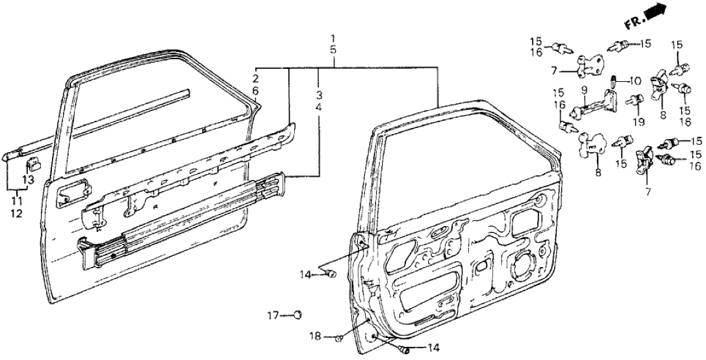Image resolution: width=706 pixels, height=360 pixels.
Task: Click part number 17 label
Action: click(274, 316)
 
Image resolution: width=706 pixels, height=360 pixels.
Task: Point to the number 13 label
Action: click(27, 180)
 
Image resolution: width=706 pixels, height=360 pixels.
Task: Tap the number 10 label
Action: click(637, 81)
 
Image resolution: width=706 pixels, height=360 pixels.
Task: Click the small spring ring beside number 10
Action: click(614, 81)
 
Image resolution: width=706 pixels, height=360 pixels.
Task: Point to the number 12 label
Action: click(16, 213)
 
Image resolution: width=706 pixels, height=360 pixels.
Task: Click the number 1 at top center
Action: click(333, 38)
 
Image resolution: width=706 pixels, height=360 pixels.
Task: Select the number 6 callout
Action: click(256, 91)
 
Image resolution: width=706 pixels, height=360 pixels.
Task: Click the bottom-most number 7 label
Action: click(647, 192)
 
